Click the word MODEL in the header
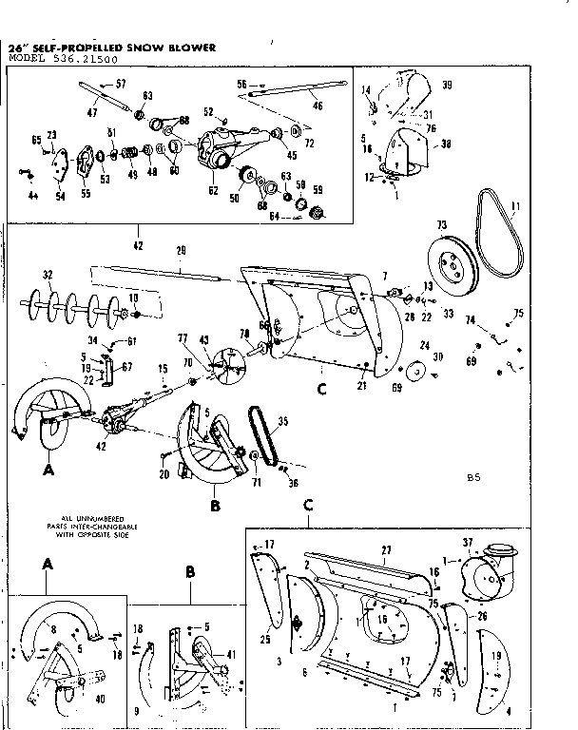[x=27, y=59]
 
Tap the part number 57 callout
[x=121, y=85]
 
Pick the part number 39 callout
[x=447, y=86]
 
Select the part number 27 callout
[x=387, y=550]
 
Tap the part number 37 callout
[x=468, y=543]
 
